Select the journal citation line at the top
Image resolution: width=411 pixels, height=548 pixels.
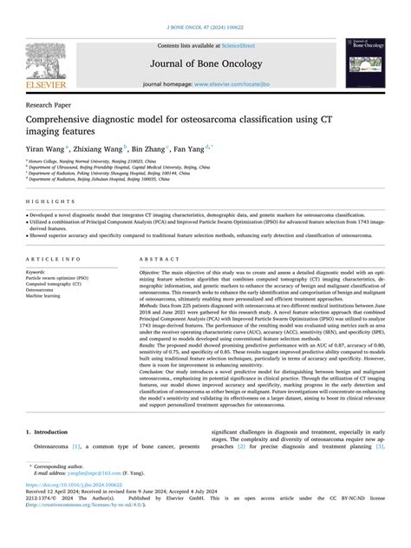[205, 27]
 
